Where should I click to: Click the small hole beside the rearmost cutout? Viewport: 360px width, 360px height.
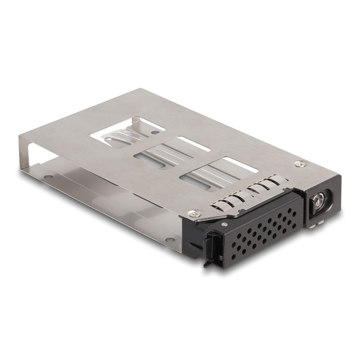(x=155, y=132)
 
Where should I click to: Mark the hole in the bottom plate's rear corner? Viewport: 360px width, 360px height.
(x=48, y=177)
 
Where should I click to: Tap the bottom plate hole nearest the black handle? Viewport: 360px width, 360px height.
(x=168, y=239)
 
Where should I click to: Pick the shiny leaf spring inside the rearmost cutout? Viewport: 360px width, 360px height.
(x=118, y=137)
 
